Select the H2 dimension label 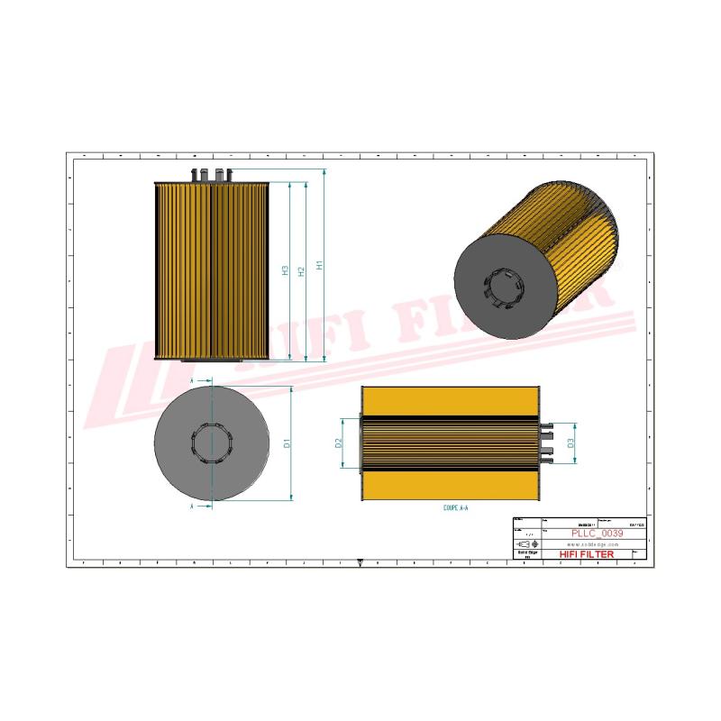[302, 270]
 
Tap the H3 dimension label [285, 270]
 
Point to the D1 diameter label [287, 443]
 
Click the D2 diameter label [339, 443]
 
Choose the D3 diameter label [570, 443]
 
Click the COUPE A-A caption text [455, 508]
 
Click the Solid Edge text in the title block [526, 554]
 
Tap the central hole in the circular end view [211, 443]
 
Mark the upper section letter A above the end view [192, 381]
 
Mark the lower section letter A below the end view [192, 507]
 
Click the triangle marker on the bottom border [360, 561]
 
